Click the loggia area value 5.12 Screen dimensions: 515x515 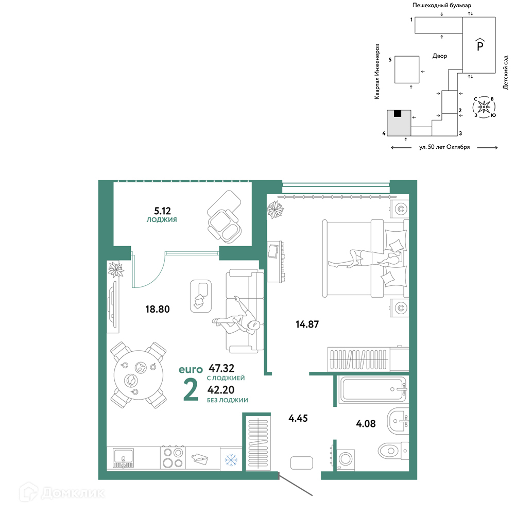click(163, 211)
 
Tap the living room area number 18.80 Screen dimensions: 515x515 click(158, 309)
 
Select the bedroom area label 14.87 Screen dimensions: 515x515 click(307, 324)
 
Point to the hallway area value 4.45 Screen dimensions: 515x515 click(298, 418)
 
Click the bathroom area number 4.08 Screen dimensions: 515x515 click(366, 424)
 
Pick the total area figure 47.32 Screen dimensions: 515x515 click(221, 368)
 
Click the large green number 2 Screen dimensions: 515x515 click(191, 390)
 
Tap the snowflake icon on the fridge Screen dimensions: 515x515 click(231, 460)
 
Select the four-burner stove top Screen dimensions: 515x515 click(173, 458)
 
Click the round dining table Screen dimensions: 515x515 click(139, 375)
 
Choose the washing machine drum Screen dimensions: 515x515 click(345, 458)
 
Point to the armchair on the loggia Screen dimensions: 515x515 click(225, 226)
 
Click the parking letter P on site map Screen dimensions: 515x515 click(480, 46)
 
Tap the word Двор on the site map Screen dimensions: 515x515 click(439, 56)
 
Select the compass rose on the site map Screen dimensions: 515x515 click(484, 107)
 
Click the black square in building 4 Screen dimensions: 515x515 click(398, 114)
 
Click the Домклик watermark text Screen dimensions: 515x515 click(73, 493)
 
